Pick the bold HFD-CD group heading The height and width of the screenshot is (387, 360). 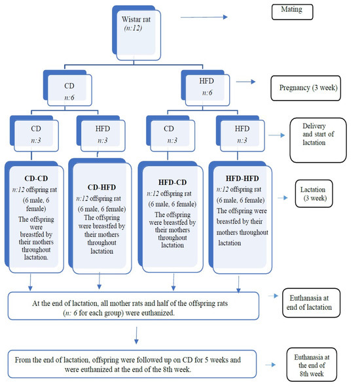click(171, 177)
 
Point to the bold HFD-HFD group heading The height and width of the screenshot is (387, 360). click(242, 177)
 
